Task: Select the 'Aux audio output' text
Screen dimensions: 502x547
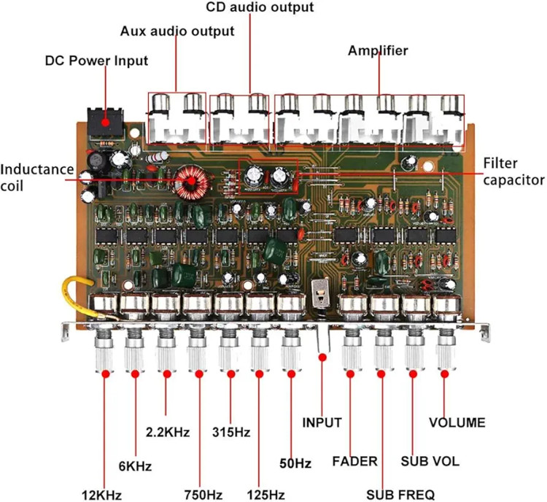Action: [x=177, y=31]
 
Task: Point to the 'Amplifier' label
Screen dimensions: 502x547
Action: [x=378, y=51]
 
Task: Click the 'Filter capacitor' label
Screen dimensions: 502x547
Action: [x=515, y=171]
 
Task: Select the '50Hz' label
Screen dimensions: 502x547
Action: [x=296, y=463]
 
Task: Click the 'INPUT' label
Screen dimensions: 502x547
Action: [x=322, y=422]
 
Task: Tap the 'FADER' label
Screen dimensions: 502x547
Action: [x=355, y=461]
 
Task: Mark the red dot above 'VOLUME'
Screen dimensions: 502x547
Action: [x=443, y=373]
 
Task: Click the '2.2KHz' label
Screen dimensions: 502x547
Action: [x=167, y=432]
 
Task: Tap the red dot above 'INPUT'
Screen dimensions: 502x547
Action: [x=322, y=358]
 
